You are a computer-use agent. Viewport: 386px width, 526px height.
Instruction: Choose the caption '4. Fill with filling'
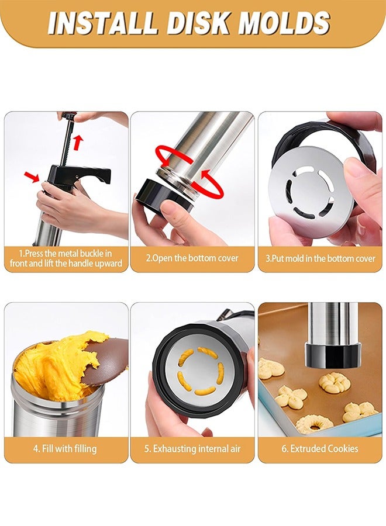click(66, 449)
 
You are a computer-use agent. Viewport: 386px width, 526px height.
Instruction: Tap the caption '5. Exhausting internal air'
click(192, 449)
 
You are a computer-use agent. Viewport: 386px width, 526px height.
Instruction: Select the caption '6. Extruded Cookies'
click(320, 449)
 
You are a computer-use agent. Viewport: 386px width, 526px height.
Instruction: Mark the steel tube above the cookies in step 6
click(331, 321)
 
